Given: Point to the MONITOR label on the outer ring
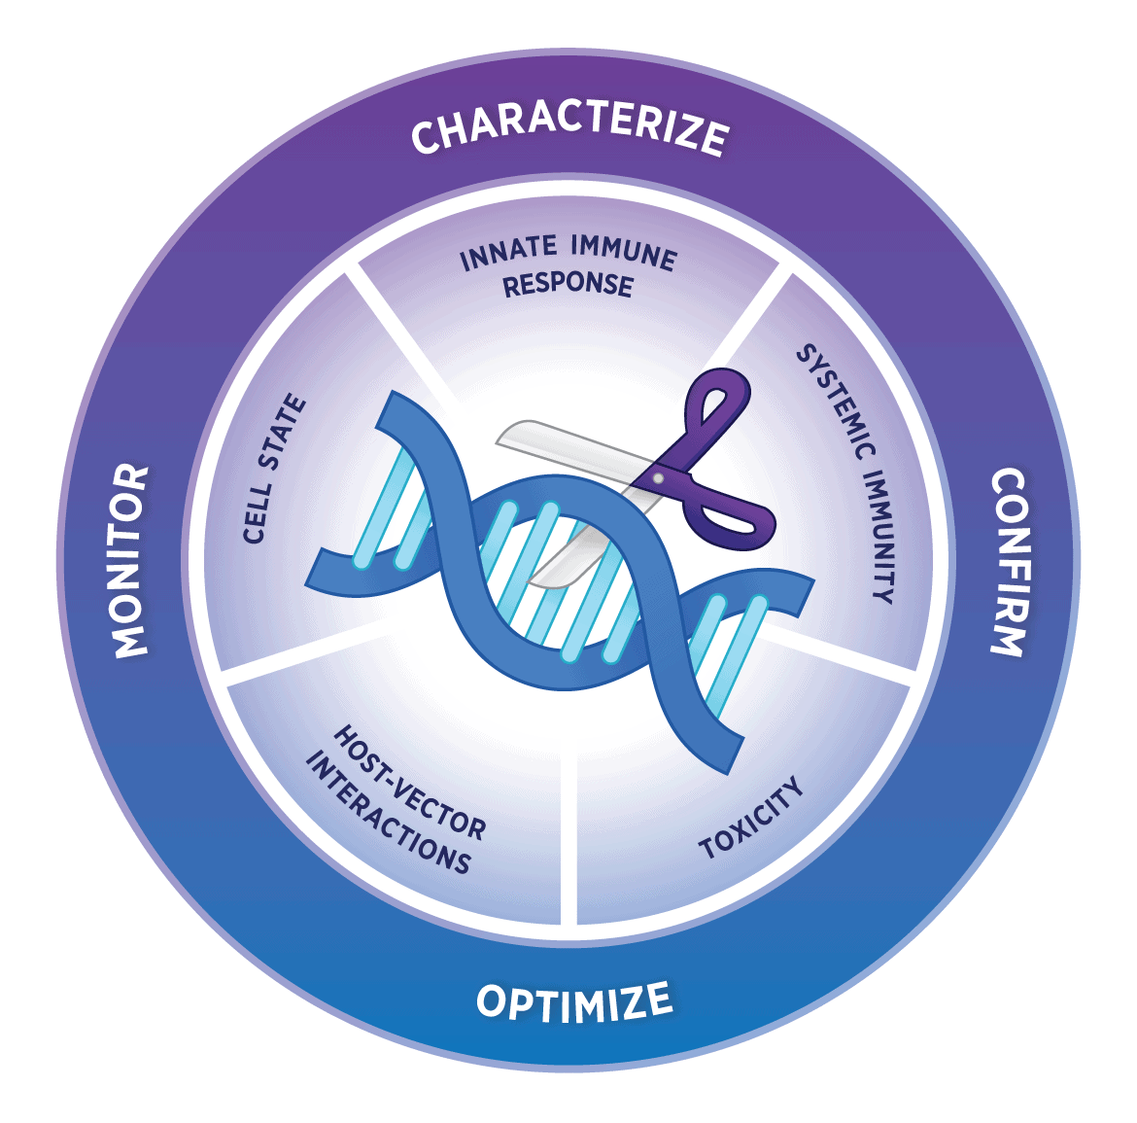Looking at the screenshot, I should [x=130, y=561].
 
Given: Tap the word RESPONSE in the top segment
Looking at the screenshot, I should [x=568, y=284].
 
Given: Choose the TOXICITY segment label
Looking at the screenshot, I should [x=752, y=818].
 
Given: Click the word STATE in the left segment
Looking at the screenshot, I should [x=286, y=431].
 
